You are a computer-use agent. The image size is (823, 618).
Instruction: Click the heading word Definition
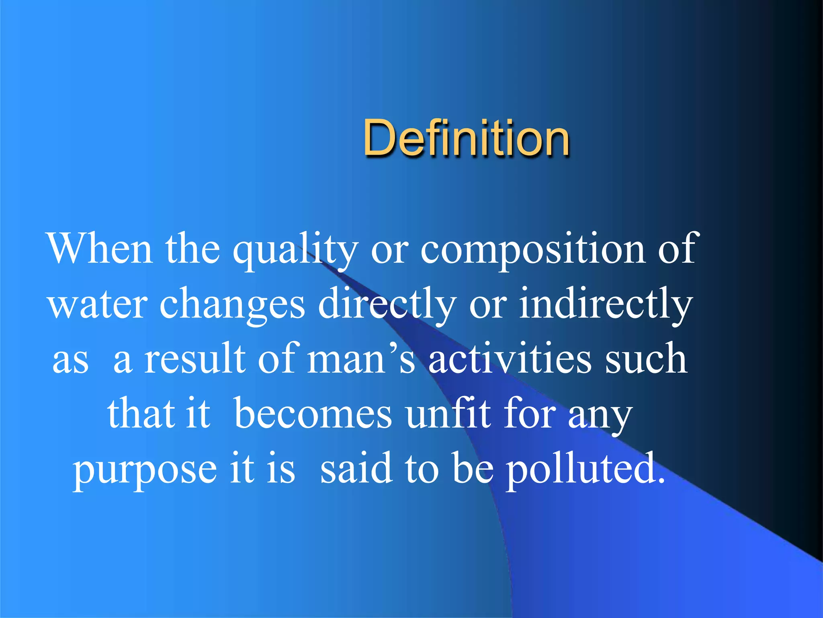click(x=466, y=138)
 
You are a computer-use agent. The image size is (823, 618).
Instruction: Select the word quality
click(x=295, y=250)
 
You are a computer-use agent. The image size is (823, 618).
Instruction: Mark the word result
click(x=194, y=358)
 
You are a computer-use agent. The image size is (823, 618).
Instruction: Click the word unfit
click(x=448, y=413)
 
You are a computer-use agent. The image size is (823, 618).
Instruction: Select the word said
click(x=356, y=468)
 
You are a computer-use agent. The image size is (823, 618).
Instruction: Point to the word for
click(x=530, y=413)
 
